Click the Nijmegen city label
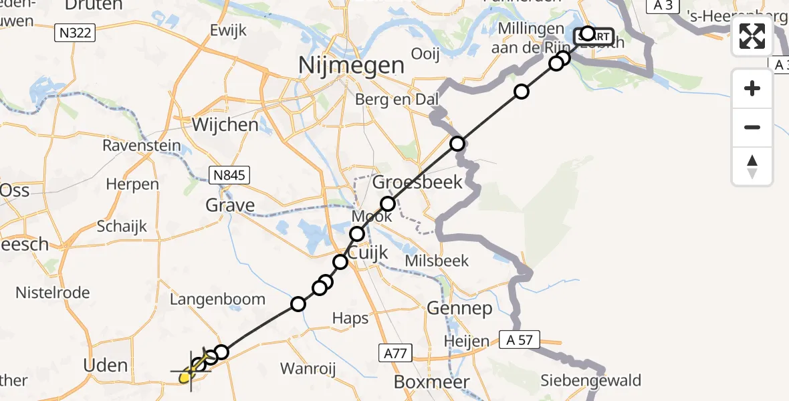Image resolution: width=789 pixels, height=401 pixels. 352,65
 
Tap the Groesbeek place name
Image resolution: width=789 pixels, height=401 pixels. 417,182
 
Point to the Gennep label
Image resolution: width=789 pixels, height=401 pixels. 459,308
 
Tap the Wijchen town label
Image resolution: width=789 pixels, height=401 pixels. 225,125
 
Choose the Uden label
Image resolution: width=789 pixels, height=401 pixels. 106,365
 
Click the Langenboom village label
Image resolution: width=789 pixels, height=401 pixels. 218,299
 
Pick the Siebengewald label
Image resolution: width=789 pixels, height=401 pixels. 591,381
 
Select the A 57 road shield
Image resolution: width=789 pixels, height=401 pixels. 519,340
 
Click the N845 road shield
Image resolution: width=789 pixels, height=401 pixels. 229,176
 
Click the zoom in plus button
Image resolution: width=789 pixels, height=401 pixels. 752,88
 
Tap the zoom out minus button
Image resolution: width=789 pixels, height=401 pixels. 752,127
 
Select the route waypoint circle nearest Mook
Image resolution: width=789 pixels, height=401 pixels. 357,234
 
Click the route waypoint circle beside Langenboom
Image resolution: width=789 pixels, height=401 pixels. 298,305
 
